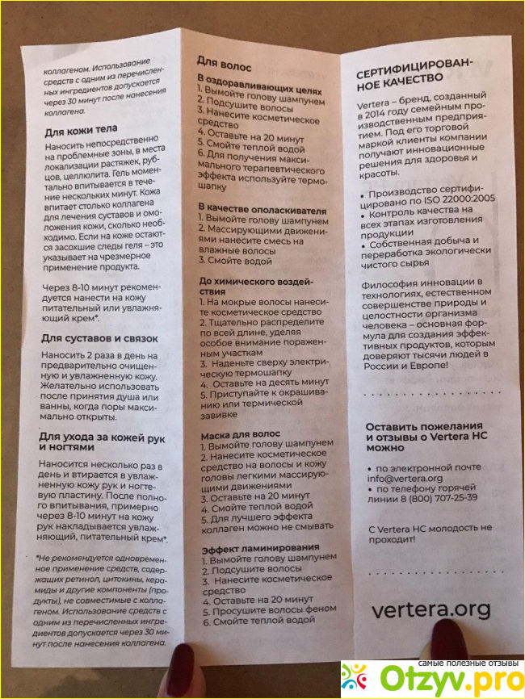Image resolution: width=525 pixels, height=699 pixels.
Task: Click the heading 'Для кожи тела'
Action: [80, 129]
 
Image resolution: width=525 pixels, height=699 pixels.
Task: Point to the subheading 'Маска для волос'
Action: [240, 433]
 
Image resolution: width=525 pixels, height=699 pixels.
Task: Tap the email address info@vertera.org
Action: [404, 479]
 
